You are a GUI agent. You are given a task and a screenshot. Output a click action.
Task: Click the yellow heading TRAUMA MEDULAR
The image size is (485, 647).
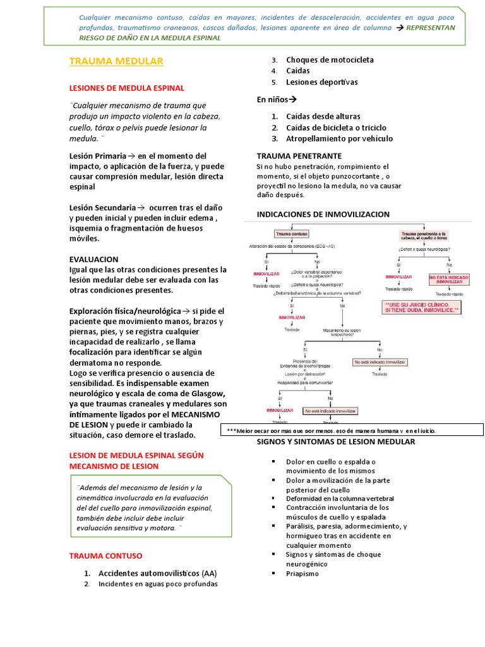pos(116,61)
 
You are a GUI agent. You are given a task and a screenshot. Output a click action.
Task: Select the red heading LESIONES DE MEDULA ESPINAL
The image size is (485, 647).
pos(126,88)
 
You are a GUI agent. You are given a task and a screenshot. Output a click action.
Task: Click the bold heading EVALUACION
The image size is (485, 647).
pos(93,259)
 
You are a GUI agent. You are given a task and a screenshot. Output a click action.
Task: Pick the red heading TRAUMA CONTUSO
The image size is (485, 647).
pos(105,555)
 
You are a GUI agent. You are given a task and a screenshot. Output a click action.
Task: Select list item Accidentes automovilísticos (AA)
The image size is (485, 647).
pos(158,572)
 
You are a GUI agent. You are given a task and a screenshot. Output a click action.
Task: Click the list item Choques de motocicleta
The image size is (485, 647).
pos(330,59)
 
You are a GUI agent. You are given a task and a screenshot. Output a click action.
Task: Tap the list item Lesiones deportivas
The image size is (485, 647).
pos(321,82)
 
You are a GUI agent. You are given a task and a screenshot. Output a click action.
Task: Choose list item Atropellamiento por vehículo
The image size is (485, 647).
pos(339,138)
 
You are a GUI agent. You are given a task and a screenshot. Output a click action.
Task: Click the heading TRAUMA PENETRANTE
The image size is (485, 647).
pos(299,155)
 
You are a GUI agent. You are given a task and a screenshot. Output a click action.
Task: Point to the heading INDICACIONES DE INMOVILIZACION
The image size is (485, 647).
pos(323,214)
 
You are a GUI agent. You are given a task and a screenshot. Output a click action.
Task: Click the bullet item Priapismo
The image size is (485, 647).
pos(302,574)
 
